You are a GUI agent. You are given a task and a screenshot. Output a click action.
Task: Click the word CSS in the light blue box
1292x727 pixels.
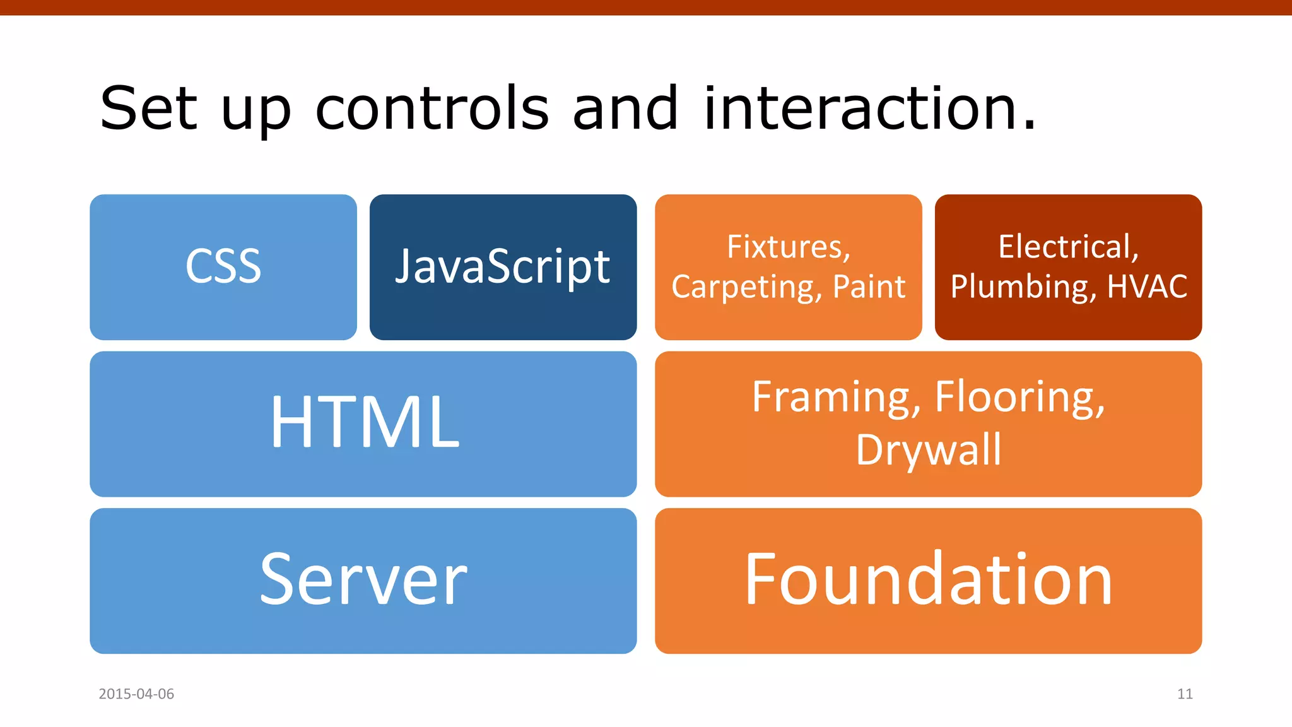pos(223,266)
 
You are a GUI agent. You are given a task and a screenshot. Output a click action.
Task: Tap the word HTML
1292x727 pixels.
pos(365,422)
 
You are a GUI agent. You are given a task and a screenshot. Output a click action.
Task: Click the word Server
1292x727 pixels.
pos(363,579)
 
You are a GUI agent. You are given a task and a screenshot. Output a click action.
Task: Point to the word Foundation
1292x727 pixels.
pos(928,579)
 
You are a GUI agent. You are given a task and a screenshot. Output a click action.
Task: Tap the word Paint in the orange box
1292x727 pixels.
pos(869,287)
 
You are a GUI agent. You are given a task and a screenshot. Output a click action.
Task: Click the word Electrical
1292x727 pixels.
pos(1068,247)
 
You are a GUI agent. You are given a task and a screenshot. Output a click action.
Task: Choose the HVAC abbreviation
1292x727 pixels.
pos(1147,287)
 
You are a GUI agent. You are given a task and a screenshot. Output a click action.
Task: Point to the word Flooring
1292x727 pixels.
pos(1019,398)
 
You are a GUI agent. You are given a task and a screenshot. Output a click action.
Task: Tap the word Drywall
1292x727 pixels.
pos(928,450)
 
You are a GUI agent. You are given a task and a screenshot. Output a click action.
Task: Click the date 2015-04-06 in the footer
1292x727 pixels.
pos(136,694)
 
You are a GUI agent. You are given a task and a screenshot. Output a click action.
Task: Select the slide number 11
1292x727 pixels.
pos(1185,694)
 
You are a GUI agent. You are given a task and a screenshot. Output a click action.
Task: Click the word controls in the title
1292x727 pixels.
pos(432,109)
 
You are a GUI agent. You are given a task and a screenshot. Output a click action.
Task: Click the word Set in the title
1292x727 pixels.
pos(148,109)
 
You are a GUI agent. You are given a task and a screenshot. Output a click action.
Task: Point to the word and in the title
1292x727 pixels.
pos(625,109)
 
